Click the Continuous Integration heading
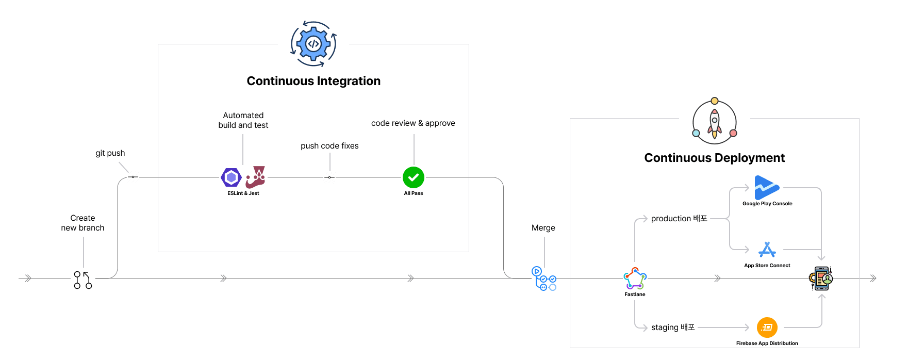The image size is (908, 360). coord(313,81)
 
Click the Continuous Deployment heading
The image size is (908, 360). coord(714,158)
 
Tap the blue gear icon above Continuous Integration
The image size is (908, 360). coord(313,44)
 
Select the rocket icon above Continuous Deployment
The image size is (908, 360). coord(715,122)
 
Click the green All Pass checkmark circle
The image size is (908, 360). coord(414,177)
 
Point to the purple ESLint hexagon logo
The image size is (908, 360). coord(232,177)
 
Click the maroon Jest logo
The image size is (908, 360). coord(256,177)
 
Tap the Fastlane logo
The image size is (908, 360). coord(635,279)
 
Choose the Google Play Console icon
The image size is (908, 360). coord(767,187)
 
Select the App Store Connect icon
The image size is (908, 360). coord(767,250)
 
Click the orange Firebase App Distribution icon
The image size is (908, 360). coord(767,328)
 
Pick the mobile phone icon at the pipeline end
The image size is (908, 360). coord(821,279)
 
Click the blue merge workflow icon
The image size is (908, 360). coord(544,279)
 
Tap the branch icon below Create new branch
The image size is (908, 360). coord(83,280)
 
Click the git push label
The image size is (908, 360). coord(110,153)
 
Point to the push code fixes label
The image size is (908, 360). coord(329,146)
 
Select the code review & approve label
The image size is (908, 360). coord(413,123)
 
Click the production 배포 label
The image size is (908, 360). coord(679,219)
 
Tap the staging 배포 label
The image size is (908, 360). coord(673,328)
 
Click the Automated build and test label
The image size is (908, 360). coord(243,120)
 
